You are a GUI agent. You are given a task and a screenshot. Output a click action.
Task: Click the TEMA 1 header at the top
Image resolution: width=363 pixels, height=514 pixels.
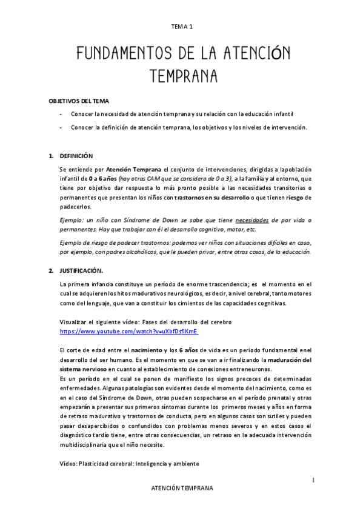pyautogui.click(x=181, y=26)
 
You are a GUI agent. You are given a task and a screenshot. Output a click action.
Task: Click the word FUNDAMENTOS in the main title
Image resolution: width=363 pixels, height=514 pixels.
pyautogui.click(x=115, y=56)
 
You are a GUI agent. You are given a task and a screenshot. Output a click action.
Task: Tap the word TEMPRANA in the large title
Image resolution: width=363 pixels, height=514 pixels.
pyautogui.click(x=182, y=78)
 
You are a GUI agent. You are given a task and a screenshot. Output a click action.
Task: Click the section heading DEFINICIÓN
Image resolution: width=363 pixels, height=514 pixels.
pyautogui.click(x=76, y=156)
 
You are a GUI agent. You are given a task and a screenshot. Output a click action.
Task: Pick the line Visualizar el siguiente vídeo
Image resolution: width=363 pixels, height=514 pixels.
pyautogui.click(x=145, y=322)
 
